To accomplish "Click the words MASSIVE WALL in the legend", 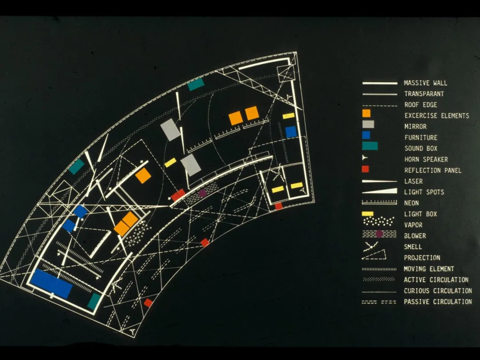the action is point(425,83).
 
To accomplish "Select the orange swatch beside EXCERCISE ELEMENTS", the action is point(366,113).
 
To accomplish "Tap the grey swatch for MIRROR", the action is point(368,124).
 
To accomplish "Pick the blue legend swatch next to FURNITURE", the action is point(366,135).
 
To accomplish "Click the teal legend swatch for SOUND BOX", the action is point(370,146).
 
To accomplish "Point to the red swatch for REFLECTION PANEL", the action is point(365,169).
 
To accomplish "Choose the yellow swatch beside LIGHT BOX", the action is point(368,214).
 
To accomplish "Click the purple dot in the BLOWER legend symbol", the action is point(379,234).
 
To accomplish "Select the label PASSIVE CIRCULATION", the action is point(438,301).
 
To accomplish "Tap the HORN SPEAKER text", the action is point(426,159).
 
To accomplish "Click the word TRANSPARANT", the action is point(424,94).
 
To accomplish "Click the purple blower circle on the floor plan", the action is point(203,193).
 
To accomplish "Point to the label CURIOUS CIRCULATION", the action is point(438,291).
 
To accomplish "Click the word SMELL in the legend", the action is point(413,247).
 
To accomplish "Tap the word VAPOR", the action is point(413,225).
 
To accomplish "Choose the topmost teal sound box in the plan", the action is point(196,84).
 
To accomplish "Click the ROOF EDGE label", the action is point(420,105).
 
